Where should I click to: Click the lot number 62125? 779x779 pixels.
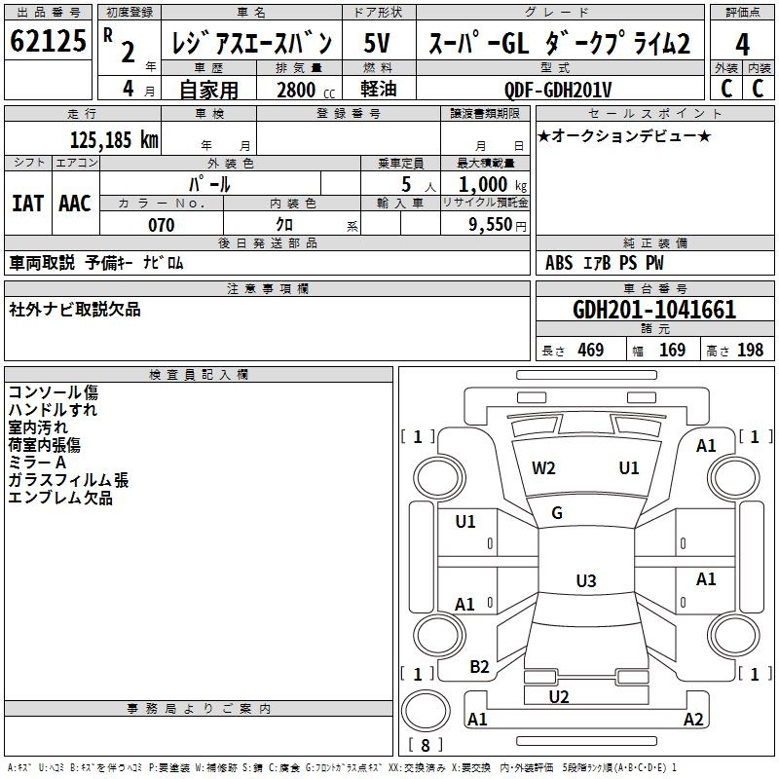click(x=49, y=44)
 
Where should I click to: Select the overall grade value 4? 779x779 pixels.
click(x=742, y=44)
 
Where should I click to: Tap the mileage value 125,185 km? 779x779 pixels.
click(x=115, y=139)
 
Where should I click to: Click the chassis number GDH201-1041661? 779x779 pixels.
click(x=654, y=311)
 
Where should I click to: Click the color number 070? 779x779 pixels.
click(x=161, y=225)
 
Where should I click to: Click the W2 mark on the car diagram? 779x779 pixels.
click(x=543, y=467)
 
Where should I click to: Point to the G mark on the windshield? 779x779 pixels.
click(x=557, y=513)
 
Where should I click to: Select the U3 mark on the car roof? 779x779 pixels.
click(x=585, y=581)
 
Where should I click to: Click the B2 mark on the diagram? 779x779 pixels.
click(x=479, y=667)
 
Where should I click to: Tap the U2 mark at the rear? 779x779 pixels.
click(x=559, y=696)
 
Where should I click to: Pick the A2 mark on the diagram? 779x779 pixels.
click(x=693, y=720)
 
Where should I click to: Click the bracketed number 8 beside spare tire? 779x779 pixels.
click(x=426, y=746)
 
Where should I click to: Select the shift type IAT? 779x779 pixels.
click(x=27, y=204)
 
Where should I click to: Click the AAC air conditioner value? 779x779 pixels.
click(x=75, y=204)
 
